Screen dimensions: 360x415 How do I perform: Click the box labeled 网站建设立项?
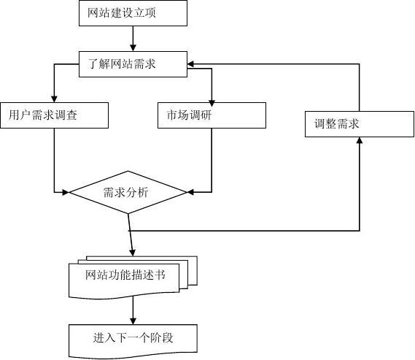click(132, 12)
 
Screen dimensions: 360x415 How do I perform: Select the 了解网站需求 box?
click(132, 64)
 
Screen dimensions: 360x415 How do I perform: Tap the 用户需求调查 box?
click(54, 115)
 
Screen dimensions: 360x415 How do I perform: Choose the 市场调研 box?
click(212, 115)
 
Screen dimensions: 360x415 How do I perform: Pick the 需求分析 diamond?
click(128, 193)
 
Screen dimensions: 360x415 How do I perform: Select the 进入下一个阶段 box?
click(132, 338)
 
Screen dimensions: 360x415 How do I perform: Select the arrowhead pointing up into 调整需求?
click(360, 142)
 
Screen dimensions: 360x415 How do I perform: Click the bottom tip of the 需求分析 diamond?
click(128, 213)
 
